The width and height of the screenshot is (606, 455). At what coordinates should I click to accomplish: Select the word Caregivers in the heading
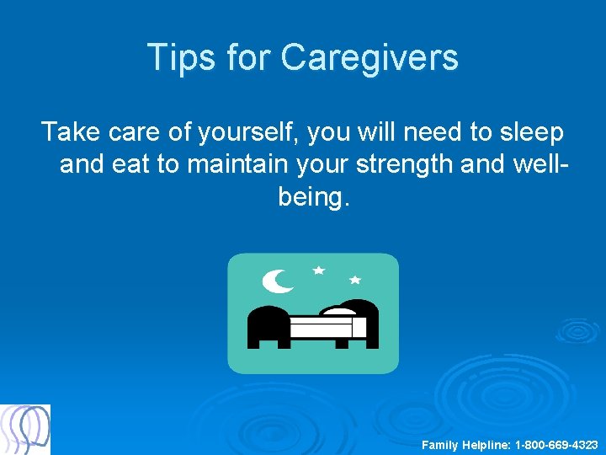pos(369,57)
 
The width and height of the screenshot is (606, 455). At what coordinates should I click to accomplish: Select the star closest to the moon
pos(318,270)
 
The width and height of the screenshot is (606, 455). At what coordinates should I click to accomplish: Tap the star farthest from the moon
pos(354,279)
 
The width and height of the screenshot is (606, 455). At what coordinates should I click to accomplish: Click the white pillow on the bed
pos(340,311)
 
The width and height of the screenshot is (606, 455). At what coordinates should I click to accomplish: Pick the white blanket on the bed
pos(327,327)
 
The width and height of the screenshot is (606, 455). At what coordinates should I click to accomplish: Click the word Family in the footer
pos(439,444)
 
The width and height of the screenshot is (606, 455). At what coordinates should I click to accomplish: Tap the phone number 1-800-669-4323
pos(556,444)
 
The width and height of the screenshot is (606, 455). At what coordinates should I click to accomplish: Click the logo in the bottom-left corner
pos(25,430)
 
